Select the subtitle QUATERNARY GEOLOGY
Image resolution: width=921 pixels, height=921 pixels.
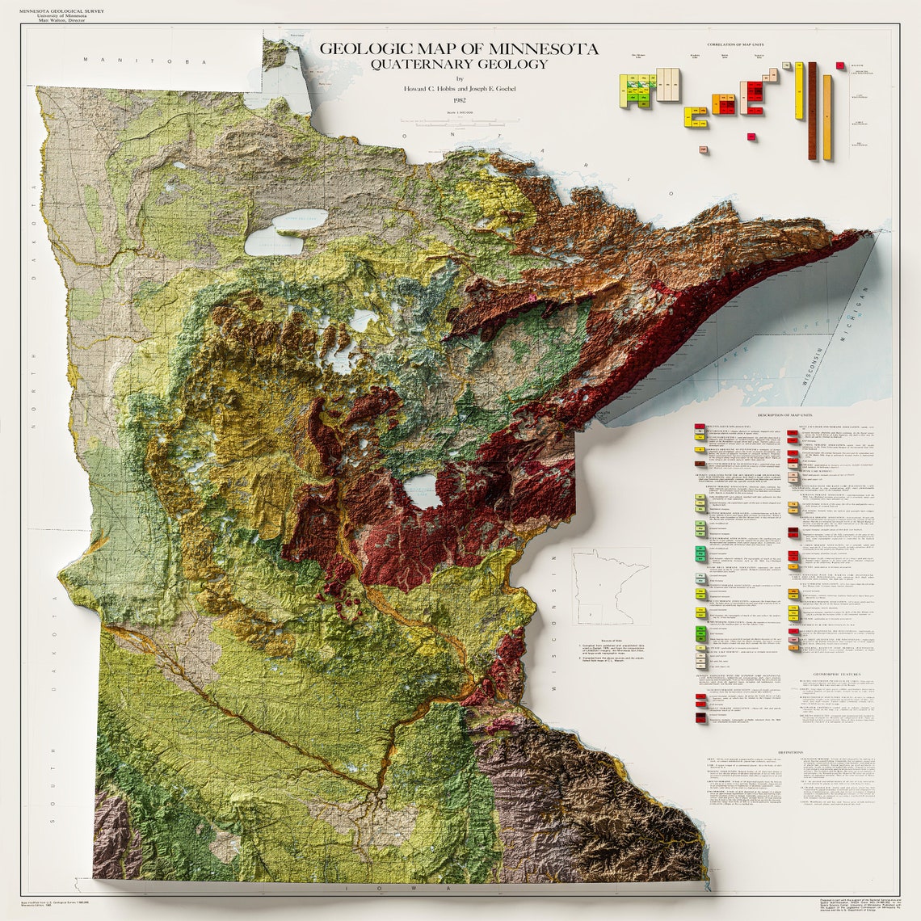click(459, 64)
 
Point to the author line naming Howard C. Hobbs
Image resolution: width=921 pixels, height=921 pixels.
click(459, 88)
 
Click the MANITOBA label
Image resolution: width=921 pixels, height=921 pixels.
click(150, 61)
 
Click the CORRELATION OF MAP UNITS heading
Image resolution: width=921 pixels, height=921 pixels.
click(735, 44)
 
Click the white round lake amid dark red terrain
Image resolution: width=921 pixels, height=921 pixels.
click(423, 491)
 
